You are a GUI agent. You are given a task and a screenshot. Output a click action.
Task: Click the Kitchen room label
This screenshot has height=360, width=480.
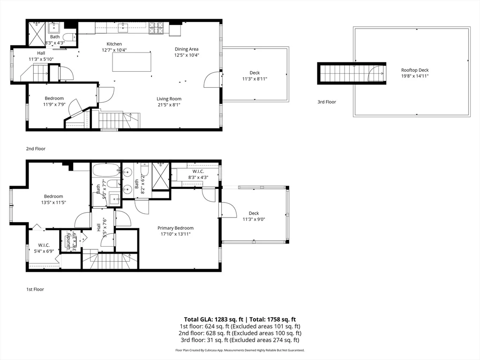(x=114, y=44)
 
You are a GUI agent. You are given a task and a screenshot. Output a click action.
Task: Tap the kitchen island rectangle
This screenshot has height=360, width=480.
(x=132, y=62)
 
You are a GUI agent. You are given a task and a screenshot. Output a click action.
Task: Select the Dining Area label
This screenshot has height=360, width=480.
(x=187, y=49)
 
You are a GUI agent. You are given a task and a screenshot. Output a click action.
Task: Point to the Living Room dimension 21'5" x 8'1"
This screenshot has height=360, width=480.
(x=169, y=105)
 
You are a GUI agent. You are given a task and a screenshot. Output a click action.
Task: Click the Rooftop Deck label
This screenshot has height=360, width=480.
(x=415, y=70)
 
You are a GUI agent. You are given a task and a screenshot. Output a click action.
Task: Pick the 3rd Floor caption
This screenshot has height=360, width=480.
(x=327, y=102)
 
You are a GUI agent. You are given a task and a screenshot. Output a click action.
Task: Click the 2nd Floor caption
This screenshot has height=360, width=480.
(x=36, y=149)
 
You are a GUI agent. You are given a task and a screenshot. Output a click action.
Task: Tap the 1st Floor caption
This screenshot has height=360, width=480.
(x=35, y=289)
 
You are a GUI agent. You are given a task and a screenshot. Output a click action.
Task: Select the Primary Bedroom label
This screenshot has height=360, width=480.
(x=175, y=228)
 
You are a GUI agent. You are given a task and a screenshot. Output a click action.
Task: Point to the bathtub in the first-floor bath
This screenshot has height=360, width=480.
(x=106, y=170)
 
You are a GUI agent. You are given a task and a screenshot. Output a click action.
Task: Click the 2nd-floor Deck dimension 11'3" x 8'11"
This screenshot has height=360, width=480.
(x=255, y=79)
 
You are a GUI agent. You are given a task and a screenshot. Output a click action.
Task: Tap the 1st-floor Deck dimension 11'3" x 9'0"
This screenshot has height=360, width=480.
(x=254, y=219)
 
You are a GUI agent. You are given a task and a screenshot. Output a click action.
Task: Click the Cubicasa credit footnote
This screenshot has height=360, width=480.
(x=240, y=350)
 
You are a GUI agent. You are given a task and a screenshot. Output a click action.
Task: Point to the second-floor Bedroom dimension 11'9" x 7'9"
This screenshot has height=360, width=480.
(x=54, y=105)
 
